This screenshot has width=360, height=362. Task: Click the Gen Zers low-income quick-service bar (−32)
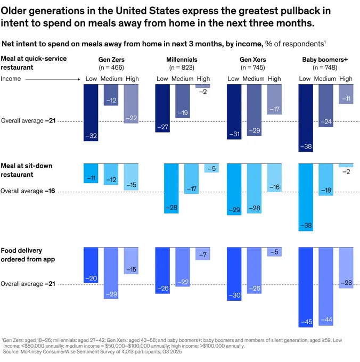pyautogui.click(x=91, y=113)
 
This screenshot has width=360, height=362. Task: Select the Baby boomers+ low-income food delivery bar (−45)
pyautogui.click(x=306, y=287)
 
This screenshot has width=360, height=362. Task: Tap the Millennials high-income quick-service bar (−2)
pyautogui.click(x=203, y=86)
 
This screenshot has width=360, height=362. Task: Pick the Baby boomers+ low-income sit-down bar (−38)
pyautogui.click(x=306, y=198)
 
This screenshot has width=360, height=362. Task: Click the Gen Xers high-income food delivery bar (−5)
pyautogui.click(x=274, y=252)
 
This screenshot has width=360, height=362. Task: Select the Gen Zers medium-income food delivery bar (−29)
pyautogui.click(x=111, y=273)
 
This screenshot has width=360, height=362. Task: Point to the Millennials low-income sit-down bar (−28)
pyautogui.click(x=171, y=188)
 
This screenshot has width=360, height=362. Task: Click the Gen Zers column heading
pyautogui.click(x=111, y=60)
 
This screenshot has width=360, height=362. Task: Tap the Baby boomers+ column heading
pyautogui.click(x=325, y=60)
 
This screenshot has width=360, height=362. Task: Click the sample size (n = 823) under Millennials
pyautogui.click(x=182, y=68)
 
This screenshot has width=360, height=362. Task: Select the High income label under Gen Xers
pyautogui.click(x=274, y=79)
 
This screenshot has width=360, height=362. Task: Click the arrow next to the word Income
pyautogui.click(x=53, y=79)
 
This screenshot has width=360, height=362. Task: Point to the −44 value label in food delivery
pyautogui.click(x=326, y=319)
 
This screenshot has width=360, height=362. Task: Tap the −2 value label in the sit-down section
pyautogui.click(x=346, y=171)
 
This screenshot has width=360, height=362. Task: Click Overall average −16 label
pyautogui.click(x=28, y=191)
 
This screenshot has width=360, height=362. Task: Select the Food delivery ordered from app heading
pyautogui.click(x=28, y=255)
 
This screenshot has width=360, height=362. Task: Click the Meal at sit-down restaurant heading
pyautogui.click(x=26, y=170)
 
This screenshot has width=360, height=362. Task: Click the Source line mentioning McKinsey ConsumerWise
pyautogui.click(x=92, y=351)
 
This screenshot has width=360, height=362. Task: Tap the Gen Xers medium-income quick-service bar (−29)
pyautogui.click(x=254, y=110)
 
